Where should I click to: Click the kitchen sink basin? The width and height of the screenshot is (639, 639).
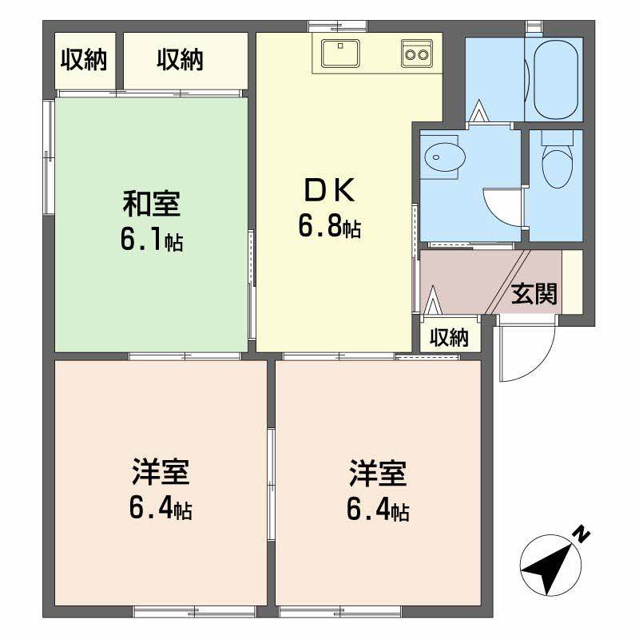(340, 54)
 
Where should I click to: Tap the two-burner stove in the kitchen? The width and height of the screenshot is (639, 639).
(417, 54)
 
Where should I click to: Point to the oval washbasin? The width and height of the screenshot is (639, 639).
(445, 157)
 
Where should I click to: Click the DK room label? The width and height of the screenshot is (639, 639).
(330, 190)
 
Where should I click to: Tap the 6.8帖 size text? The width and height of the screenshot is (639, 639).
(330, 226)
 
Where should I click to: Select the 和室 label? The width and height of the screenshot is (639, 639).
(152, 204)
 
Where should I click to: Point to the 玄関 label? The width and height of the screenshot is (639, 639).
(534, 293)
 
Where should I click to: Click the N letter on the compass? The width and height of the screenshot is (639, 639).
(582, 534)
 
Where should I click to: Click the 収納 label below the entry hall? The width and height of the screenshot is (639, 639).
(450, 337)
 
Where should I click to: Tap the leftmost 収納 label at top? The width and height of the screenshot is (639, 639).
(84, 60)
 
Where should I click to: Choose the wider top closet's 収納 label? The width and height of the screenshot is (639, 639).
(181, 60)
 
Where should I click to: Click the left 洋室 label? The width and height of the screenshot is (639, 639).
(161, 473)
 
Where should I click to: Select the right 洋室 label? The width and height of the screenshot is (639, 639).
(378, 473)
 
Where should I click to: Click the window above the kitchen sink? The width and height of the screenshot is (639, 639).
(338, 26)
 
